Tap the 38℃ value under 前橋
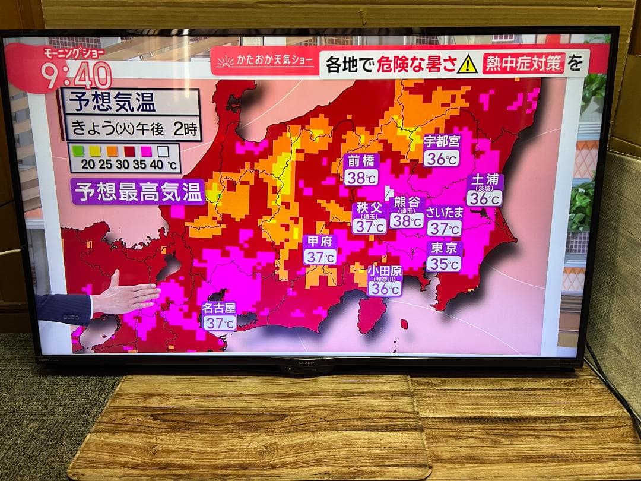[361, 177]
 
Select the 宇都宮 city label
[441, 142]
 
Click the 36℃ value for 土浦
[484, 198]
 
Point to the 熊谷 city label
[407, 202]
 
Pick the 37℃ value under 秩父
[370, 226]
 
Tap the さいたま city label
[444, 213]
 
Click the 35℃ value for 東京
[444, 264]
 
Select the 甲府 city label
[320, 242]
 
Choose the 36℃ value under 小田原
[385, 289]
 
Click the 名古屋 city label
[219, 308]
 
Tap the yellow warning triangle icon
[467, 63]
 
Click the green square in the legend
[78, 151]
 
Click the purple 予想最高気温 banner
[138, 192]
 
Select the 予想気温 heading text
[112, 102]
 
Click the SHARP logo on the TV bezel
[306, 361]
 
